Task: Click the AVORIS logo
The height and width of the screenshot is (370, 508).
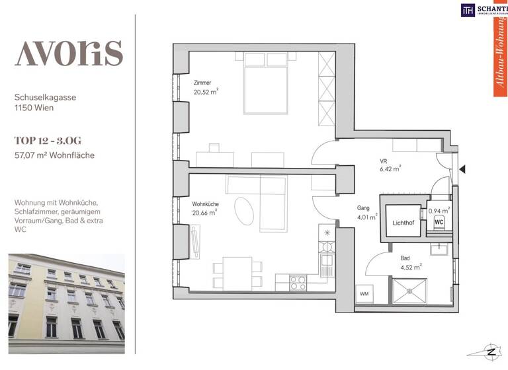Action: click(x=69, y=53)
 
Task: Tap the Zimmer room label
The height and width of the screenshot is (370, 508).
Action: click(x=202, y=83)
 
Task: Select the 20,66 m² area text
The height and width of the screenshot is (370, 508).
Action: click(x=206, y=213)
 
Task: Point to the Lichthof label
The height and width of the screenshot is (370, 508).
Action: click(x=403, y=223)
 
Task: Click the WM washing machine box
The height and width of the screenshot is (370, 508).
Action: click(x=364, y=293)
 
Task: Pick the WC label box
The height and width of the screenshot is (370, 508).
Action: click(x=439, y=223)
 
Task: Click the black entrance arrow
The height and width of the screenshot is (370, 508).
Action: click(x=463, y=169)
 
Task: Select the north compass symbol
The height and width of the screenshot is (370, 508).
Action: click(x=491, y=350)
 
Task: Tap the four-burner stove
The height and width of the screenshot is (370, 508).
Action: click(x=299, y=283)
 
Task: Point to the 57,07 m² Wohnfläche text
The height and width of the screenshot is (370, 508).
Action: click(x=55, y=155)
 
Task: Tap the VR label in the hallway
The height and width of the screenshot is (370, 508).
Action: click(x=383, y=161)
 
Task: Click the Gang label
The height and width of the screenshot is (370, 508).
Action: click(x=364, y=207)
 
